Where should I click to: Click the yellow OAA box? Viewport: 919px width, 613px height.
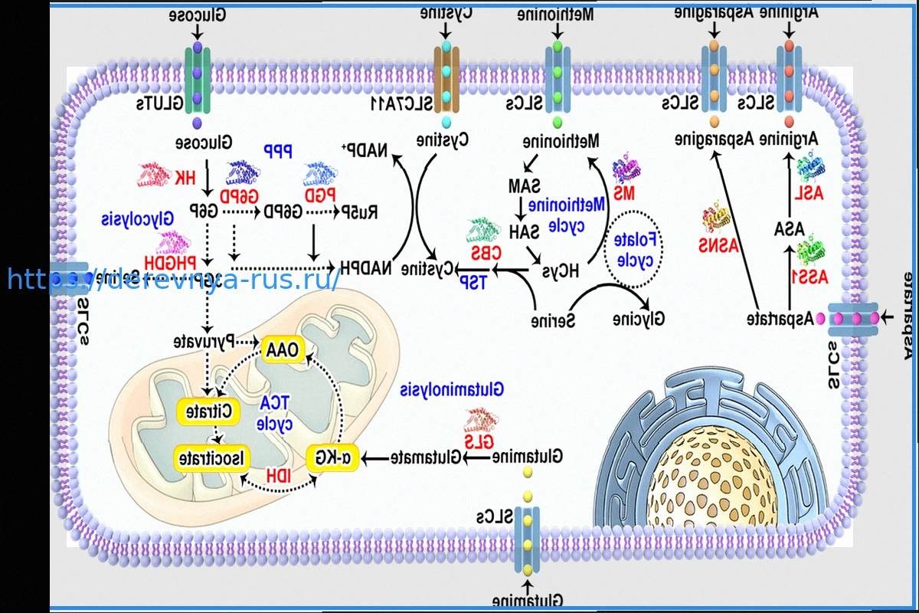283,349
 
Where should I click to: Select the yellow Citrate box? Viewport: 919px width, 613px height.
208,411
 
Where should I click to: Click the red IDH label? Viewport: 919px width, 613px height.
278,476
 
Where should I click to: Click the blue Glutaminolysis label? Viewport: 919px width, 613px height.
452,389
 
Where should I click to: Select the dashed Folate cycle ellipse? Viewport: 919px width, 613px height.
634,249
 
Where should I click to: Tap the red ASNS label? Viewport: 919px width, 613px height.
717,245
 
